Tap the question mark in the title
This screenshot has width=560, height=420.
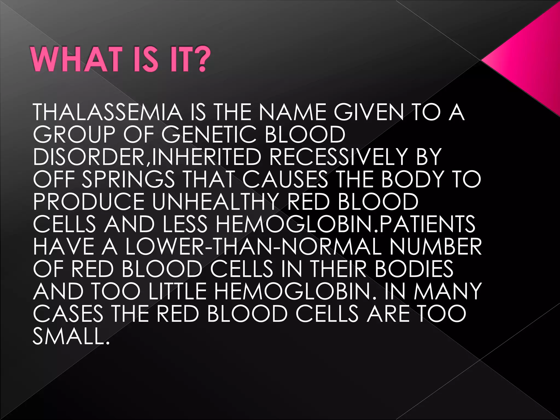(x=201, y=59)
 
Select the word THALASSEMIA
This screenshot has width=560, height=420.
(x=107, y=112)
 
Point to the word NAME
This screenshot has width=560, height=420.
(x=292, y=112)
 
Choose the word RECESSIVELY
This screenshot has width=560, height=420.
(x=339, y=157)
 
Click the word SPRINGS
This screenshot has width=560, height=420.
(x=128, y=179)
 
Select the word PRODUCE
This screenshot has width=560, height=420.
(x=89, y=202)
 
